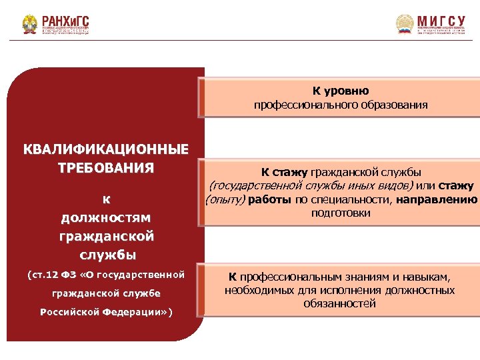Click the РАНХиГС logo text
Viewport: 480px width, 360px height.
coord(65,20)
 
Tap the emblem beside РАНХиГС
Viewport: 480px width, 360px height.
coord(30,25)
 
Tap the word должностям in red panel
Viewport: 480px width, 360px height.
coord(106,217)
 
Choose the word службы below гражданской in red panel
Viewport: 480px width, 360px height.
coord(106,255)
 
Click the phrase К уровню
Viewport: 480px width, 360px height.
coord(341,91)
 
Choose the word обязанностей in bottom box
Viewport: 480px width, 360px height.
coord(340,304)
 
